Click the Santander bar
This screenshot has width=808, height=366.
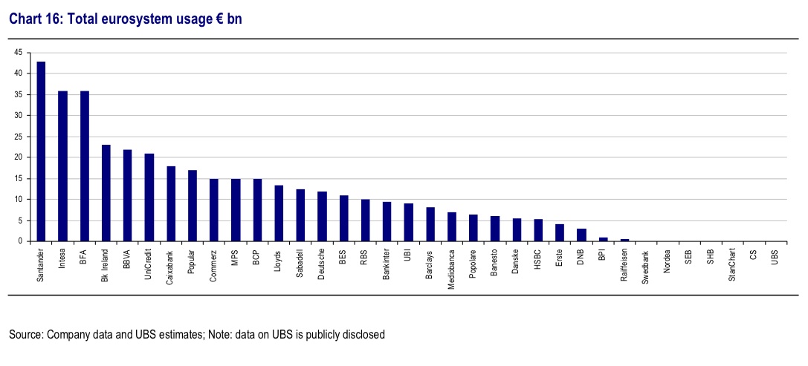tap(42, 151)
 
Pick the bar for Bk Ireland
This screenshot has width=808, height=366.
tap(106, 193)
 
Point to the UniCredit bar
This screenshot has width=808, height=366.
tap(149, 197)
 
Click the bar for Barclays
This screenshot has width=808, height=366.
tap(430, 224)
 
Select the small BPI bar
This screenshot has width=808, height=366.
tap(604, 239)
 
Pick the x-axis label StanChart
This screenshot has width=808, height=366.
tap(733, 265)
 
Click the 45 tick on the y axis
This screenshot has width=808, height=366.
tap(18, 53)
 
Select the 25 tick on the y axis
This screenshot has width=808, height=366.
tap(18, 137)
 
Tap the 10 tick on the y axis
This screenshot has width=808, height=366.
tap(18, 200)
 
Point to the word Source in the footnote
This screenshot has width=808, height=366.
tap(25, 335)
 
